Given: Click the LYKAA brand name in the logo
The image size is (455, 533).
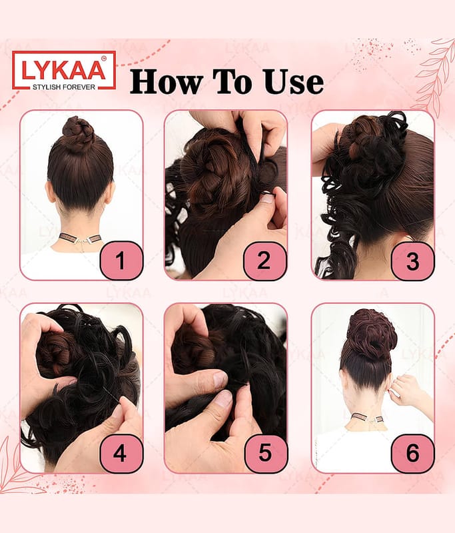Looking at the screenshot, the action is [x=63, y=70].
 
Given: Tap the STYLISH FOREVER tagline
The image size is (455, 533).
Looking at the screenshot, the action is [x=64, y=87].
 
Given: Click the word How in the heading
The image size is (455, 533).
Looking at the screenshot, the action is [x=167, y=81].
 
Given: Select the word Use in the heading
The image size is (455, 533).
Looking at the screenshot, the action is [x=293, y=81].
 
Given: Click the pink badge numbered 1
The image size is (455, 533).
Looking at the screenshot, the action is [x=121, y=261].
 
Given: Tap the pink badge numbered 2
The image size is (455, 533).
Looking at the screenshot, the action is [x=265, y=261].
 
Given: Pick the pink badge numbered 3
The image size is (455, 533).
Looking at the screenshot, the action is [x=412, y=261].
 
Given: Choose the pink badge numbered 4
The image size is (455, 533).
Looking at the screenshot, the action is [x=121, y=453].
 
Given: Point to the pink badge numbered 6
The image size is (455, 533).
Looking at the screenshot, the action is [x=412, y=453].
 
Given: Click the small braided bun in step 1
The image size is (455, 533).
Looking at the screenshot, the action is [x=79, y=134].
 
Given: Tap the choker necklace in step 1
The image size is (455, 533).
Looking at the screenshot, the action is [x=80, y=238].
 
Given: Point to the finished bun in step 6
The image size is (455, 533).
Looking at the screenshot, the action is [x=372, y=334].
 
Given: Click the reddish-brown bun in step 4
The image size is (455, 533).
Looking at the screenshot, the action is [x=55, y=354].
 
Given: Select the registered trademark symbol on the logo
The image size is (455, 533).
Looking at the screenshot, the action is [x=104, y=59].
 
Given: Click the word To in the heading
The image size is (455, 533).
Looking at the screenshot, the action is [x=232, y=81].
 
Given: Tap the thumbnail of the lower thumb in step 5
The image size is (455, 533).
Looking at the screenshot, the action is [x=224, y=399].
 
